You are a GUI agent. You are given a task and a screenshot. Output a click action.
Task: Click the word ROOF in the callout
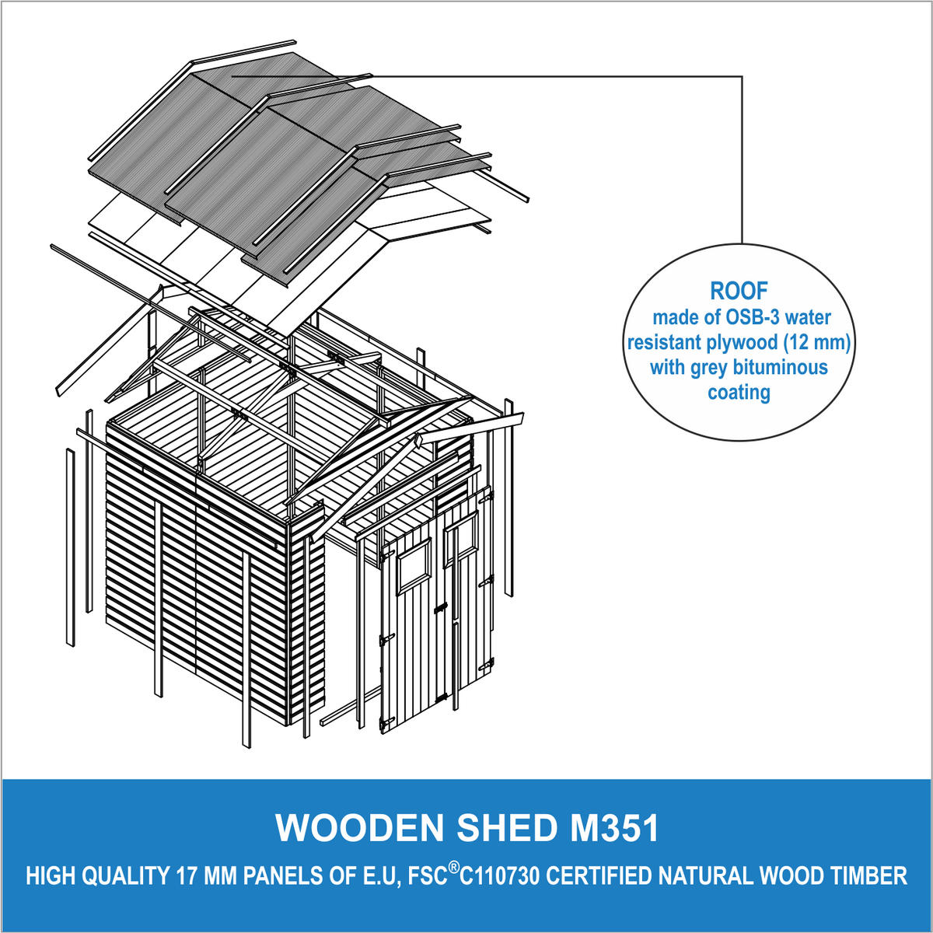(x=739, y=291)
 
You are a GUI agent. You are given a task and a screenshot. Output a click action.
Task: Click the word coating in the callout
(x=739, y=393)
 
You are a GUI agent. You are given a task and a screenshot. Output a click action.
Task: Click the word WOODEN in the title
(x=360, y=828)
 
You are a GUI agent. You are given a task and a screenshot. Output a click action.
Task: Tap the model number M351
(x=613, y=828)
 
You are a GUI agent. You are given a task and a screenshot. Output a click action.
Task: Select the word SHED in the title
(x=506, y=828)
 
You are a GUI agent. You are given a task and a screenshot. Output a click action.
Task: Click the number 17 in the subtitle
(x=183, y=876)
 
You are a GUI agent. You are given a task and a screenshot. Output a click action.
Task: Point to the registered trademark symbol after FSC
(x=453, y=868)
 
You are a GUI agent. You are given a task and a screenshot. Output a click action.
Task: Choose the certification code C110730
(x=499, y=876)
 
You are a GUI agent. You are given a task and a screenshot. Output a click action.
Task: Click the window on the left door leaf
(x=414, y=568)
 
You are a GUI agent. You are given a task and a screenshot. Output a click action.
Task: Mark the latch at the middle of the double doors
(x=440, y=608)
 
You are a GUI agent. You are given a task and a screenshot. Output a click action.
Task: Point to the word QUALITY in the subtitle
(x=121, y=876)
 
